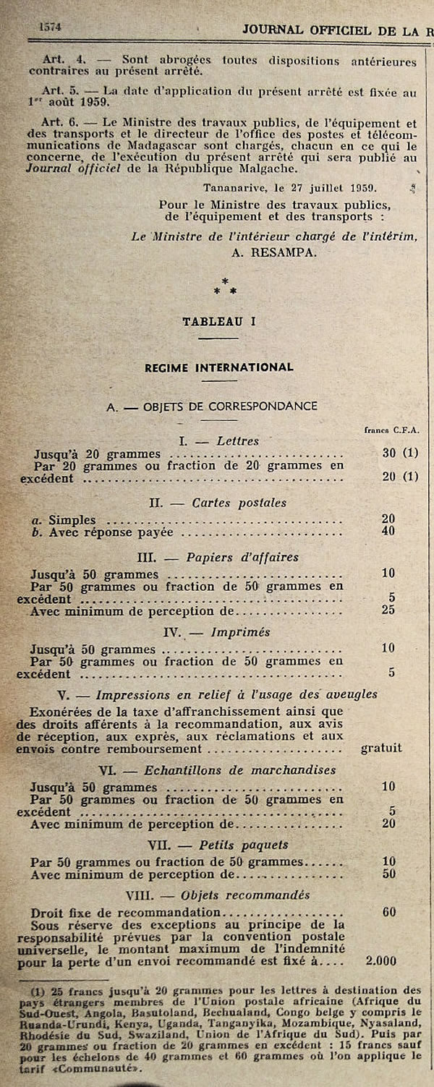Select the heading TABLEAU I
[218, 322]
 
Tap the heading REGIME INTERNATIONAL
[218, 367]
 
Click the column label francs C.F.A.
[391, 429]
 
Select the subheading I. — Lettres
[218, 440]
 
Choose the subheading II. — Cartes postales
[218, 503]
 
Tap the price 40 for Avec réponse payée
[388, 532]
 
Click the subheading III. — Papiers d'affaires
[218, 557]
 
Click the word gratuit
[381, 749]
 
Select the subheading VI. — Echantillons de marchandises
[218, 770]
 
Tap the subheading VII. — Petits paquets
[218, 845]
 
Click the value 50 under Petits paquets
[388, 874]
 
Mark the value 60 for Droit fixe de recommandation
[388, 912]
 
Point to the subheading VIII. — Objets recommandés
[218, 895]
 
